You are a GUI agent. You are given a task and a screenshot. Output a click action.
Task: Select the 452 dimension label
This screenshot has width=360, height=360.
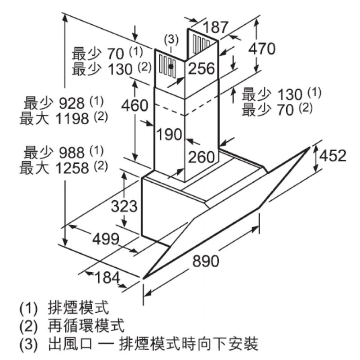pyautogui.click(x=333, y=156)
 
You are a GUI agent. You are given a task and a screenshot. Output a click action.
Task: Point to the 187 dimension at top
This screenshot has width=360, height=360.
pyautogui.click(x=216, y=27)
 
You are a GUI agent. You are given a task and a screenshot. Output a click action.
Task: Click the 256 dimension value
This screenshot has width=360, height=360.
pyautogui.click(x=201, y=69)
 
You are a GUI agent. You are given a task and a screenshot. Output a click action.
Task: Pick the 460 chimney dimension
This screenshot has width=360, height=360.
pyautogui.click(x=134, y=105)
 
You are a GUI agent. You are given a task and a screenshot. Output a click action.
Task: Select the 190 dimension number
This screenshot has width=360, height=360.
pyautogui.click(x=169, y=134)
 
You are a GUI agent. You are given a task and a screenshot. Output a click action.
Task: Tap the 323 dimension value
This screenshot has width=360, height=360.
pyautogui.click(x=123, y=207)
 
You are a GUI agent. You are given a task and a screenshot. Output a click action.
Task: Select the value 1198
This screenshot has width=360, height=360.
pyautogui.click(x=71, y=119)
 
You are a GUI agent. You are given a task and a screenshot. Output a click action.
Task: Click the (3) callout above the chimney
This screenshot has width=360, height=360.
pyautogui.click(x=171, y=39)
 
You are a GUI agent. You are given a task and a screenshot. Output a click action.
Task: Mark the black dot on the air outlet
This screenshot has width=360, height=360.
pyautogui.click(x=171, y=66)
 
